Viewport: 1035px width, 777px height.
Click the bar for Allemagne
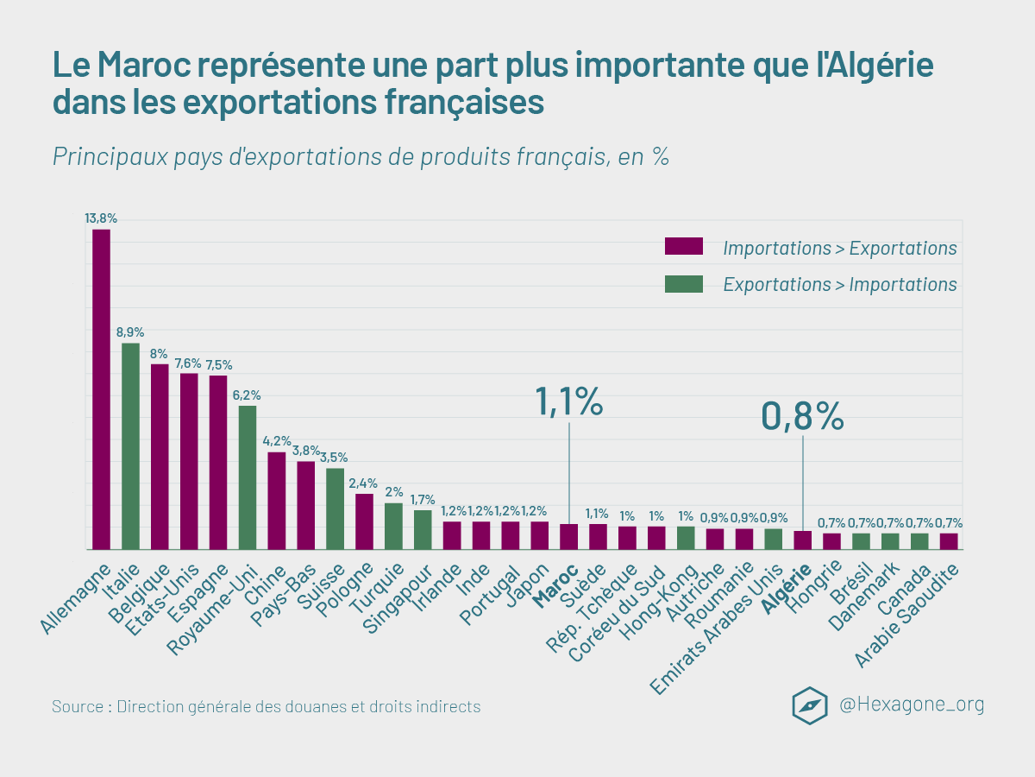click(101, 388)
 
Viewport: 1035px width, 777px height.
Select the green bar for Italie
click(130, 445)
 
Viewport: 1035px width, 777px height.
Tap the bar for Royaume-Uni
click(248, 477)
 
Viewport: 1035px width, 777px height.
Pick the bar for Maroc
click(568, 536)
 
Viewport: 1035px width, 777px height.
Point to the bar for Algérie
click(802, 540)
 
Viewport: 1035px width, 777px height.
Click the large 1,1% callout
click(568, 401)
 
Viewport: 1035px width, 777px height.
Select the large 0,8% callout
click(802, 416)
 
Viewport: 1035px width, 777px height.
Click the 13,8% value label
click(101, 218)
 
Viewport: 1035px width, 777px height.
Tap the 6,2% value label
click(247, 395)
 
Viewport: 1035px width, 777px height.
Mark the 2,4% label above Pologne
click(363, 483)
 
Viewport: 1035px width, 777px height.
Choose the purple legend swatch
click(683, 247)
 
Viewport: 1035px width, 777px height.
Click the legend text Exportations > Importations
click(839, 284)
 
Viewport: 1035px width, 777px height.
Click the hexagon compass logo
click(810, 705)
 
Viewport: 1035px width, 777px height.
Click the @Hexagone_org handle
click(912, 704)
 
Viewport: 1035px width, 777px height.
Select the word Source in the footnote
click(78, 706)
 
